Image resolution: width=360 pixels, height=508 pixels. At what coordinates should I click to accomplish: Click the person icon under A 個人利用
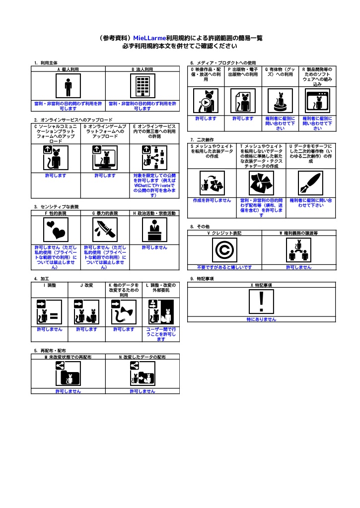(x=68, y=87)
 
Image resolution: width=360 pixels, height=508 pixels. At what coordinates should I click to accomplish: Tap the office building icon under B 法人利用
(x=142, y=87)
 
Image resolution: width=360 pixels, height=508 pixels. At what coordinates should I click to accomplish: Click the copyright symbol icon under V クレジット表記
(x=224, y=250)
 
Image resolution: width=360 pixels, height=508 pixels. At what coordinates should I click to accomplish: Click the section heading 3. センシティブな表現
(x=57, y=207)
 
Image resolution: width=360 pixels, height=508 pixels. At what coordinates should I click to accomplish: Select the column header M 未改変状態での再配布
(x=68, y=357)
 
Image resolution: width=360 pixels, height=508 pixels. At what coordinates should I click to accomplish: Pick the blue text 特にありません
(x=261, y=319)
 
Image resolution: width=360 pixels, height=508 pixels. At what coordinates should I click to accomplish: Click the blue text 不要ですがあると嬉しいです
(x=224, y=267)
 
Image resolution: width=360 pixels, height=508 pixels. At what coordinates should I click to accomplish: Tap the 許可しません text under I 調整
(x=49, y=329)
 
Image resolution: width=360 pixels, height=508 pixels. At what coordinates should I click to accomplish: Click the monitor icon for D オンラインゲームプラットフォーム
(x=105, y=158)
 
